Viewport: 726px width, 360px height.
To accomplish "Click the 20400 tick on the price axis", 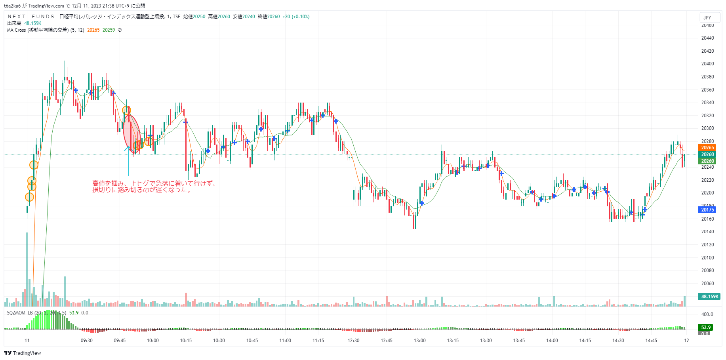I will tap(707, 64).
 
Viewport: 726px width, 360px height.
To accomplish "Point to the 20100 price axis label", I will tap(707, 258).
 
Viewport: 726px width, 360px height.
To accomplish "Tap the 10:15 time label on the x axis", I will tap(186, 341).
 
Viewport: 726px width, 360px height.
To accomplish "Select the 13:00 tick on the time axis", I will tap(420, 341).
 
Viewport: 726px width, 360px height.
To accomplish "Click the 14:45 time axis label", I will tap(651, 341).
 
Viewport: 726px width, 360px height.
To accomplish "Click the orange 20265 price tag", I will tap(707, 148).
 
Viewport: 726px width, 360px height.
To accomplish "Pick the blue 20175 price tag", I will tap(707, 210).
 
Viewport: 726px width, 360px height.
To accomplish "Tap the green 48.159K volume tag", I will tap(710, 297).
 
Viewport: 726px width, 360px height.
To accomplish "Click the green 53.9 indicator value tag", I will tap(706, 328).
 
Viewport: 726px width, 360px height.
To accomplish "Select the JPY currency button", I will tap(707, 18).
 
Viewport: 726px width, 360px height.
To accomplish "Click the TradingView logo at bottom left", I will tap(23, 353).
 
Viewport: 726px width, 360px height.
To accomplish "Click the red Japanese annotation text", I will tap(154, 187).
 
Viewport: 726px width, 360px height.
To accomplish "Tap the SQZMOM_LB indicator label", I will tap(20, 313).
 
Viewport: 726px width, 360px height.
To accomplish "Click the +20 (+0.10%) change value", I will tap(296, 17).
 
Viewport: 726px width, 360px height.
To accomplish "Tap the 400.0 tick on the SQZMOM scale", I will tap(707, 314).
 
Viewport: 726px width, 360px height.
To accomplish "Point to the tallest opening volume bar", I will tap(27, 269).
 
